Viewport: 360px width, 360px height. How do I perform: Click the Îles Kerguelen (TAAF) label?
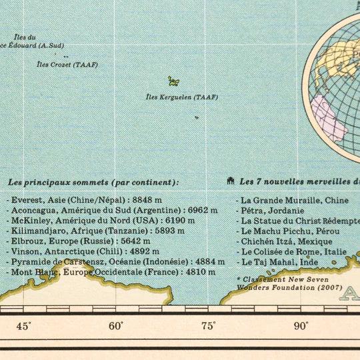(181, 97)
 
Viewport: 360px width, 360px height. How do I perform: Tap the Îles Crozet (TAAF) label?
(67, 65)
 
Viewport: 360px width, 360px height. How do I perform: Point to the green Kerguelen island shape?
(173, 81)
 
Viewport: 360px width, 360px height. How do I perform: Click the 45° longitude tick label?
(23, 326)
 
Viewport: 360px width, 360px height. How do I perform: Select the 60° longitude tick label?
(116, 326)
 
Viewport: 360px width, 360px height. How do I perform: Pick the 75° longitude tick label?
(209, 326)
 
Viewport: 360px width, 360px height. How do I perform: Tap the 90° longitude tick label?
(301, 326)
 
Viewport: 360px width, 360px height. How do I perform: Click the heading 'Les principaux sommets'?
(93, 181)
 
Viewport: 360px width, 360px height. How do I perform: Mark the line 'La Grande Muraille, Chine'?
(294, 200)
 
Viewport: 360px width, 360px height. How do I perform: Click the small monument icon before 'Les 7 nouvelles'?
(230, 181)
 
